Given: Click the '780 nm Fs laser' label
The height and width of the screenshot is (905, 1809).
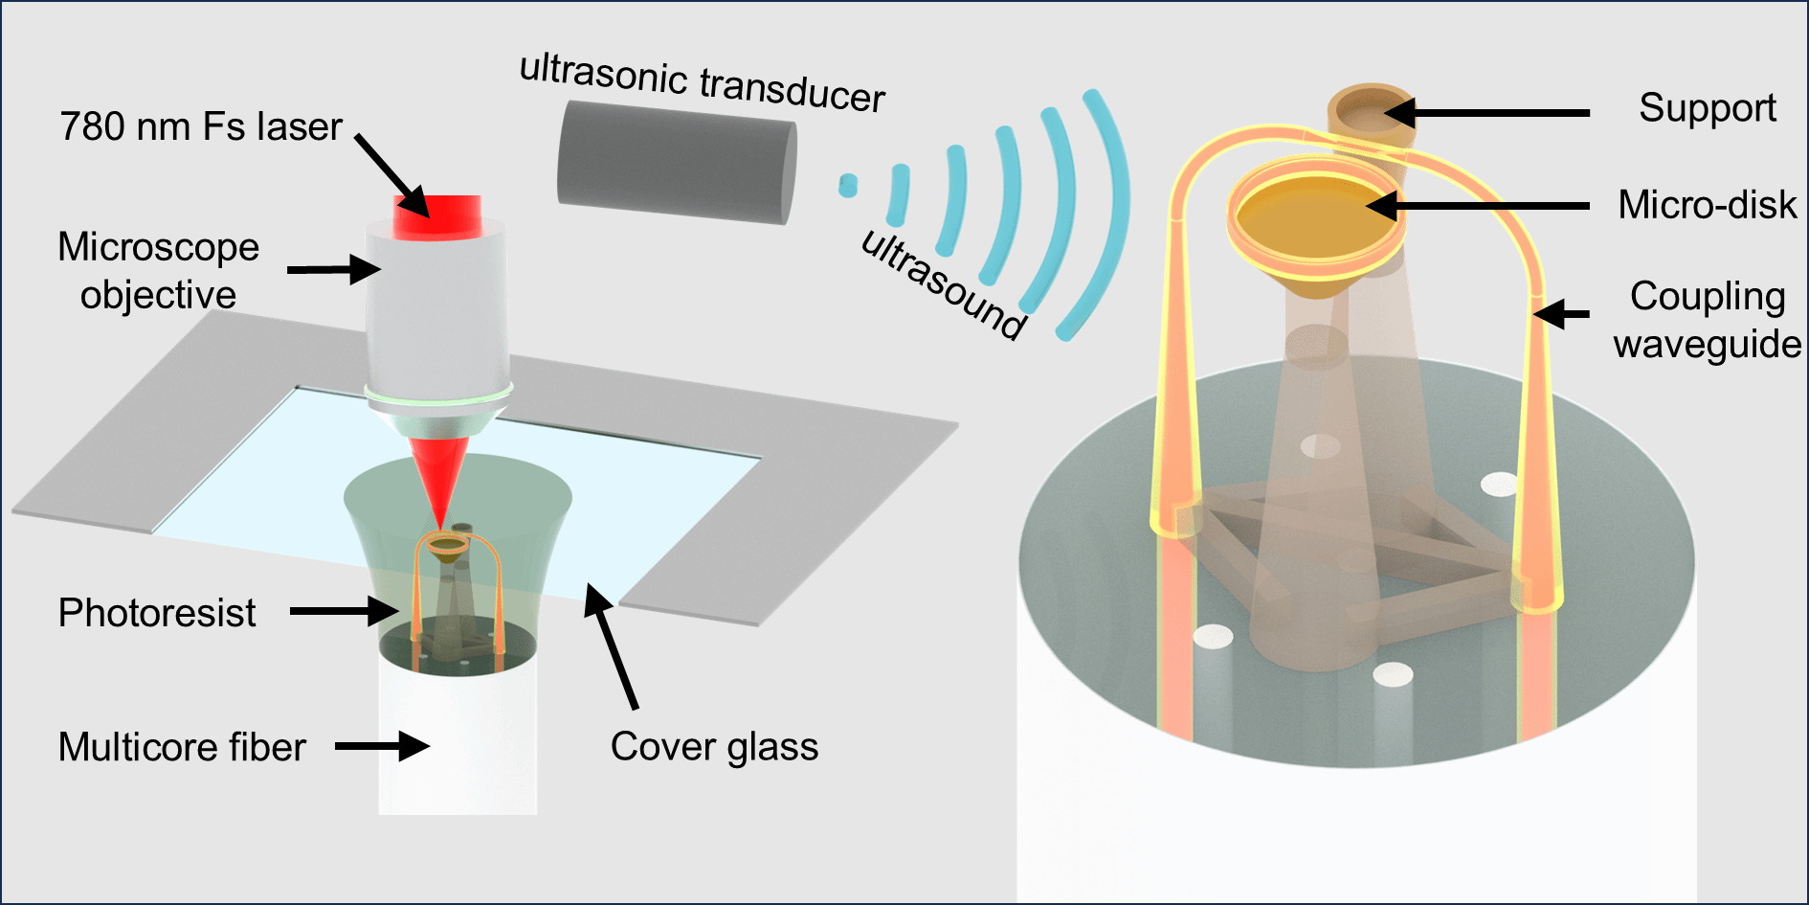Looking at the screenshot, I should click(200, 126).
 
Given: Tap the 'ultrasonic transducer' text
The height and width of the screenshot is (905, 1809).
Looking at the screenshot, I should click(703, 83).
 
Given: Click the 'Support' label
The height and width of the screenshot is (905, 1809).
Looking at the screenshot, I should click(1707, 107).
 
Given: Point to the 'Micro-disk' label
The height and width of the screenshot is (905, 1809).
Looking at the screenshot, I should click(1707, 204).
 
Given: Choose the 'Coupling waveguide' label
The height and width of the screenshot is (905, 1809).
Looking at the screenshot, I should click(1707, 320).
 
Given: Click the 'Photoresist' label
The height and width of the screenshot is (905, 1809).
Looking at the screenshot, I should click(157, 613).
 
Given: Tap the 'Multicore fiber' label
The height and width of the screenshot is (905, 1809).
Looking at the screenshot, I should click(182, 747).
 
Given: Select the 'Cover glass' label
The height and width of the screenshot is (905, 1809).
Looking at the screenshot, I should click(714, 747).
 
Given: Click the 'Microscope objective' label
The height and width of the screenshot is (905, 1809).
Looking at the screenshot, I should click(158, 271).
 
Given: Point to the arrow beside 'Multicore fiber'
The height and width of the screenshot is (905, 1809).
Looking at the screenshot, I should click(381, 746).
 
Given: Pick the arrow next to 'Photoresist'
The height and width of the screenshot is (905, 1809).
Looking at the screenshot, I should click(343, 610).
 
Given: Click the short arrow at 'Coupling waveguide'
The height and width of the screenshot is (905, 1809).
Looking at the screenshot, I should click(1560, 313).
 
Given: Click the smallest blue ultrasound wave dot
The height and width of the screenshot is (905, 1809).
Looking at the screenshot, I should click(848, 185).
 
